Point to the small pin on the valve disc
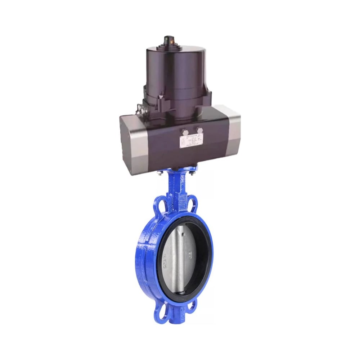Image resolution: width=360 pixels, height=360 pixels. click(184, 235)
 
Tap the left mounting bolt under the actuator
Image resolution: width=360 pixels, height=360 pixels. click(159, 175)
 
